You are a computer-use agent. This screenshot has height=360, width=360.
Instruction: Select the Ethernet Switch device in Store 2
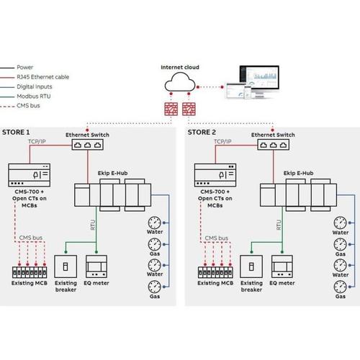click(273, 144)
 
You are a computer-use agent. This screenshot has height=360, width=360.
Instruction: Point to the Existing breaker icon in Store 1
click(66, 266)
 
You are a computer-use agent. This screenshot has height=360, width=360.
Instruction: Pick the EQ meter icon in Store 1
click(97, 266)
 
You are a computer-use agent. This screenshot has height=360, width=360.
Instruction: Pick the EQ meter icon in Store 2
click(282, 266)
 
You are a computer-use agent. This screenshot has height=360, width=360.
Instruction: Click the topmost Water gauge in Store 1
click(154, 221)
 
